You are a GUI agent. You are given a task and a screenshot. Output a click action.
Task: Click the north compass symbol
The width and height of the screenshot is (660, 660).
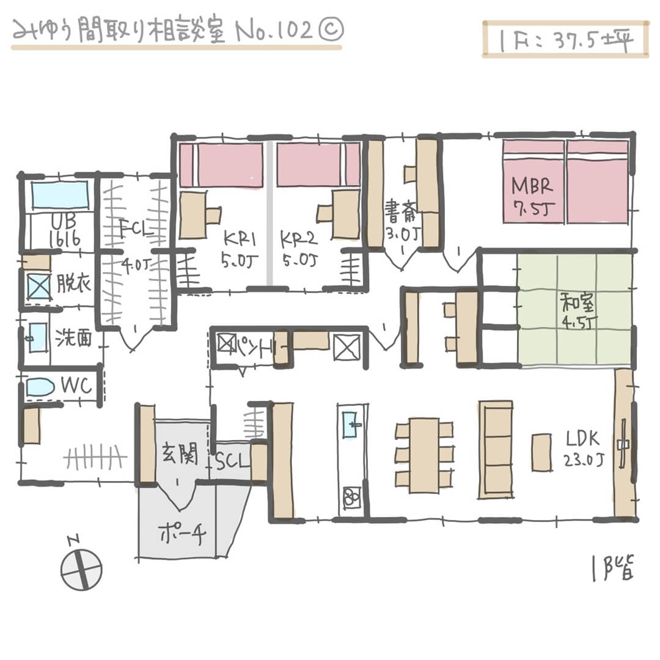click(81, 568)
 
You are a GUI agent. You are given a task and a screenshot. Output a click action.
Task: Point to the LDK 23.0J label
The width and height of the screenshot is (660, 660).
click(584, 449)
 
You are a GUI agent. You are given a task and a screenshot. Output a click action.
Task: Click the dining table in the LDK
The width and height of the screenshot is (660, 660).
click(424, 455)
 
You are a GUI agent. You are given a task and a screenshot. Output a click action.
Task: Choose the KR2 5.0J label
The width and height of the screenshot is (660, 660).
click(298, 247)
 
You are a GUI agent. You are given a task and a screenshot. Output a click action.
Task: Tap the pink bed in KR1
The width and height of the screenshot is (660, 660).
click(221, 164)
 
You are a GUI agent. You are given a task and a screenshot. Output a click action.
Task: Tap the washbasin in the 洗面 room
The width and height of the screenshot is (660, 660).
click(37, 337)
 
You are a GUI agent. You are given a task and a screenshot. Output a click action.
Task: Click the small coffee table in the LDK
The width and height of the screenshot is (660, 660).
click(541, 452)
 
